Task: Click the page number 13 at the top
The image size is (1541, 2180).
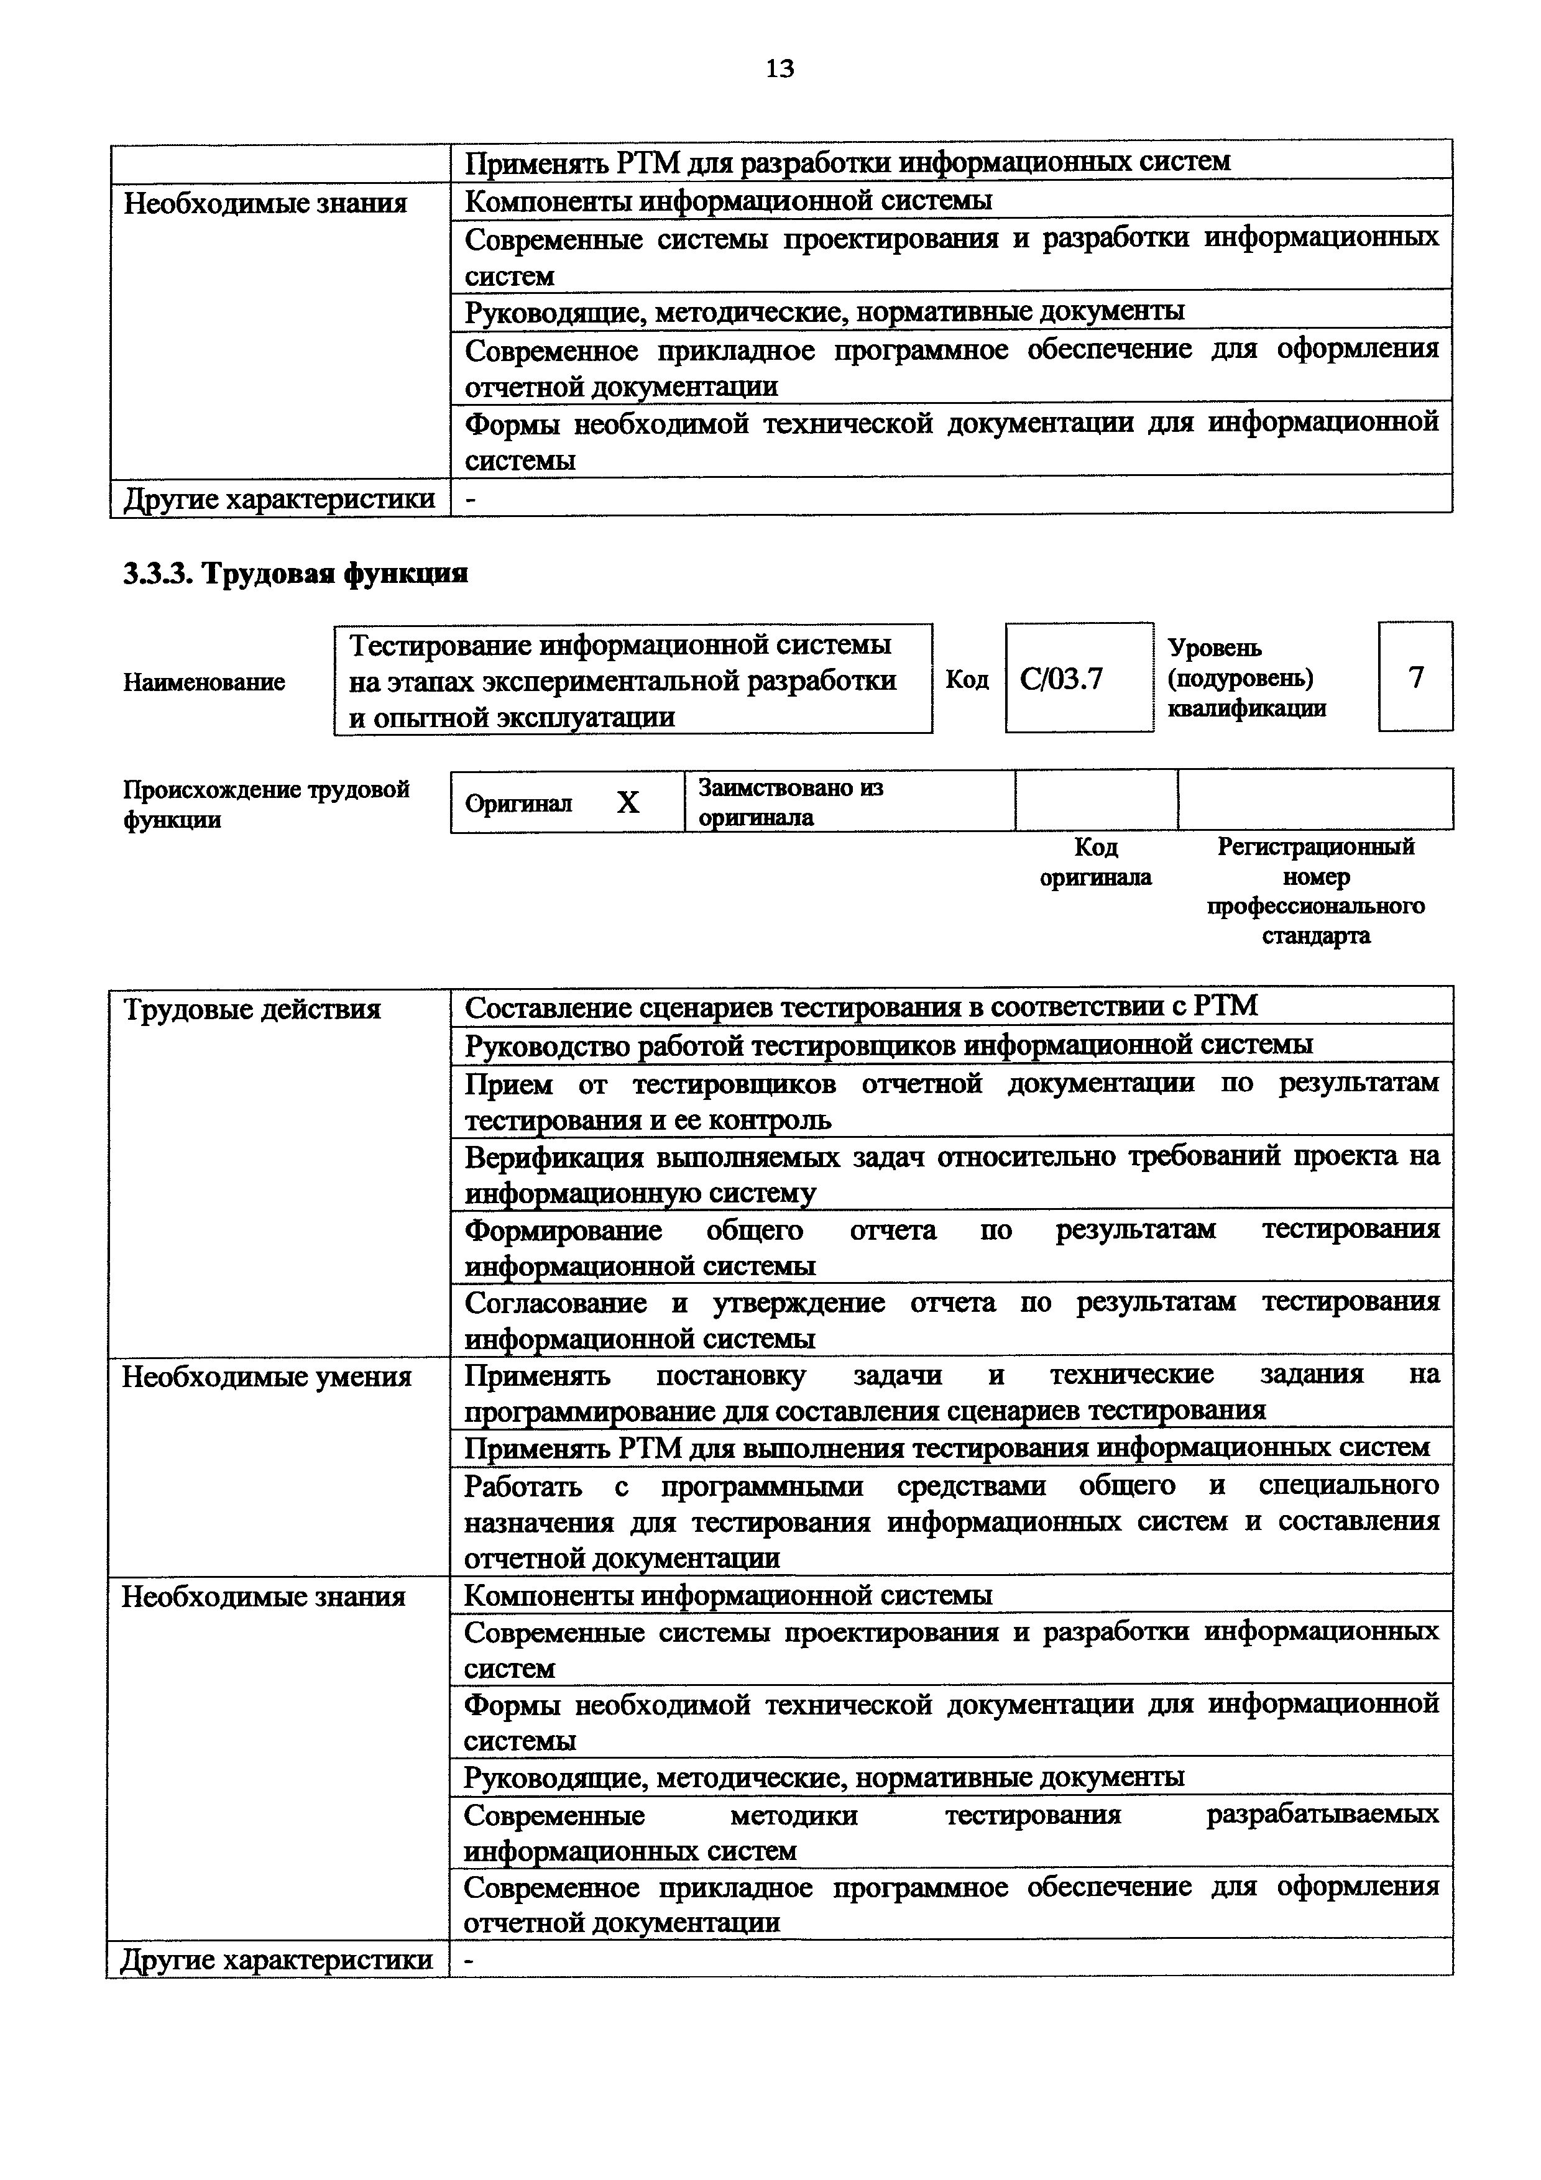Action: (x=778, y=68)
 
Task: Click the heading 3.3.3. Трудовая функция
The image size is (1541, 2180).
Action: (x=295, y=574)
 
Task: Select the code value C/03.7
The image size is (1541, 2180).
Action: (x=1062, y=679)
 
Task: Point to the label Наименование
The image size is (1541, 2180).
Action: (x=203, y=682)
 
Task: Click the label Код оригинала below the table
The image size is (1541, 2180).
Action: (x=1096, y=861)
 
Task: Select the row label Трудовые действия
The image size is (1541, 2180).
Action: (x=252, y=1009)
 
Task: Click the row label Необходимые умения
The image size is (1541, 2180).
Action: (x=267, y=1376)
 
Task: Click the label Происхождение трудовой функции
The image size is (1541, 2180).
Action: (x=266, y=804)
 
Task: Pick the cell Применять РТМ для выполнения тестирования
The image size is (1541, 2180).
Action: (x=945, y=1448)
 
